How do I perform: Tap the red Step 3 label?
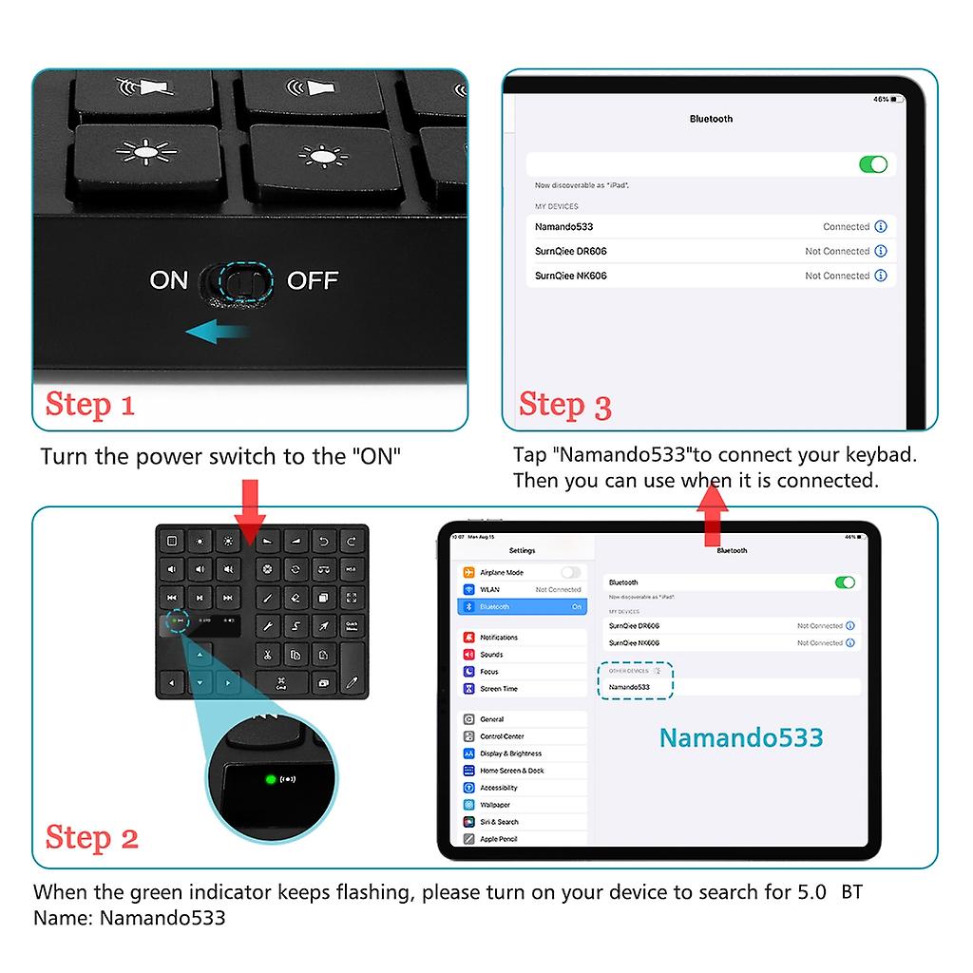[564, 405]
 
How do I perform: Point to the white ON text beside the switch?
[169, 280]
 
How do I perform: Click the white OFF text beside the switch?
[313, 280]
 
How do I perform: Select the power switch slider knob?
[242, 281]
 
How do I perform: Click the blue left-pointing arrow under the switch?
[218, 332]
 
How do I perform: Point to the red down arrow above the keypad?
[251, 510]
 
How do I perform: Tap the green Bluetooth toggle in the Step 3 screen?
[872, 164]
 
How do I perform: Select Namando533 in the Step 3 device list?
[564, 227]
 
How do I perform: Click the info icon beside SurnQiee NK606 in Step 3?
[881, 276]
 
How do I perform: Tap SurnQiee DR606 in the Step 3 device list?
[570, 252]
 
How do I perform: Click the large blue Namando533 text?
[741, 737]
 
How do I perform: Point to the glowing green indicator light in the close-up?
[271, 779]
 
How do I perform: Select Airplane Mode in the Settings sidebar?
[502, 573]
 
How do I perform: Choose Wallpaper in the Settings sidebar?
[495, 805]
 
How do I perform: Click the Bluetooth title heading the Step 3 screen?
[711, 119]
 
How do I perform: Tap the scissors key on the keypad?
[268, 654]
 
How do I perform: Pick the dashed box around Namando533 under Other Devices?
[636, 680]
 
